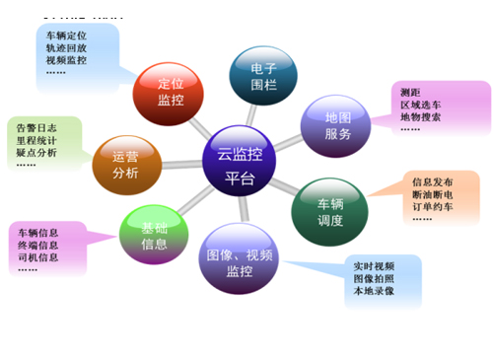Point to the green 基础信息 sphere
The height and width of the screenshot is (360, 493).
153,236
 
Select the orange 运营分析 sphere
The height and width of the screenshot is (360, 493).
125,165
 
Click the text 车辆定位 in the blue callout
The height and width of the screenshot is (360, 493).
67,35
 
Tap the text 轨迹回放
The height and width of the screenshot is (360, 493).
67,47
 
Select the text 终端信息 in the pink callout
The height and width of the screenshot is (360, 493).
36,245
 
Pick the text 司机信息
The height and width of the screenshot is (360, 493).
36,257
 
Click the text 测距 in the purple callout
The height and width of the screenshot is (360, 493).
409,92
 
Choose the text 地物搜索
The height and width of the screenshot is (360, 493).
421,117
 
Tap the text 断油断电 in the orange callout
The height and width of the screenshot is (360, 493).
433,194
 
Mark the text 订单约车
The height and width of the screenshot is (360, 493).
433,207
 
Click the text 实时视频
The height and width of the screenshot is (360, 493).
375,266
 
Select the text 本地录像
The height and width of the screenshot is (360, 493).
375,292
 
